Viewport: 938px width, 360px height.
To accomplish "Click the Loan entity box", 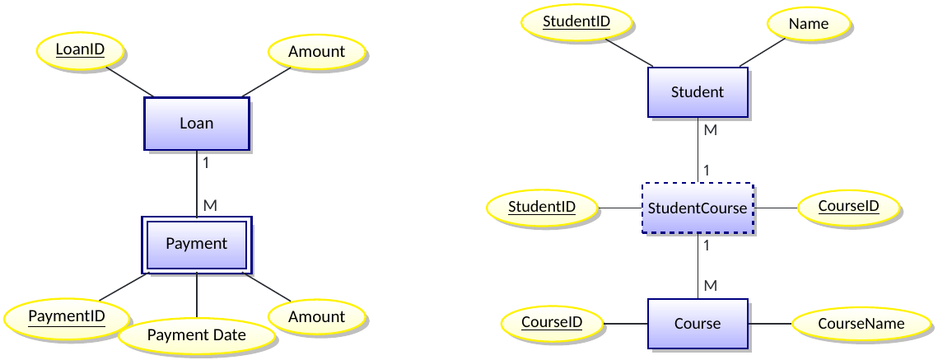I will click(196, 124).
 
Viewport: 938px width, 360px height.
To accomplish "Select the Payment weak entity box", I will click(196, 244).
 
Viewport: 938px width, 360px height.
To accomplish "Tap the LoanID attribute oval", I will click(80, 50).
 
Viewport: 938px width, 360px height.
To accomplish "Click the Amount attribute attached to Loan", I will click(316, 52).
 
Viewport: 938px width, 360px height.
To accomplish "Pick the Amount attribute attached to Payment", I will click(316, 317).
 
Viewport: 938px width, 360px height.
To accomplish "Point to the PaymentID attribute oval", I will click(67, 316).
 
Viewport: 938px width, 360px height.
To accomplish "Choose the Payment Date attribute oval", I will click(196, 335).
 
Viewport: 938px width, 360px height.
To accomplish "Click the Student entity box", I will click(698, 92).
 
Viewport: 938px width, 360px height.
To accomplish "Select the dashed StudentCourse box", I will click(698, 208).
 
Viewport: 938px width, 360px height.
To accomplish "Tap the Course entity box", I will click(698, 324).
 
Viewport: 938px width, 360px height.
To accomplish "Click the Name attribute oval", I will click(808, 25).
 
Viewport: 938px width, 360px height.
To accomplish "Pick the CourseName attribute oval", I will click(861, 324).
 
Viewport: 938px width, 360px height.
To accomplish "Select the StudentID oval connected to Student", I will click(576, 21).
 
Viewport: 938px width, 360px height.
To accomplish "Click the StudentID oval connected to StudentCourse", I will click(541, 207).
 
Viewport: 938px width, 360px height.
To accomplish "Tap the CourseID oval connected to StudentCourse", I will click(848, 205).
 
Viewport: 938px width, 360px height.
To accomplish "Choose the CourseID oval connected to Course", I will click(552, 322).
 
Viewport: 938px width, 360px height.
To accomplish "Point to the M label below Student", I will click(710, 130).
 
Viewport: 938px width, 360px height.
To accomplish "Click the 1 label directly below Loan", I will click(205, 162).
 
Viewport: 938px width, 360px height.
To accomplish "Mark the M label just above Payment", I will click(209, 205).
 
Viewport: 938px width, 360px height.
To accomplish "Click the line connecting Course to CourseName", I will click(769, 324).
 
